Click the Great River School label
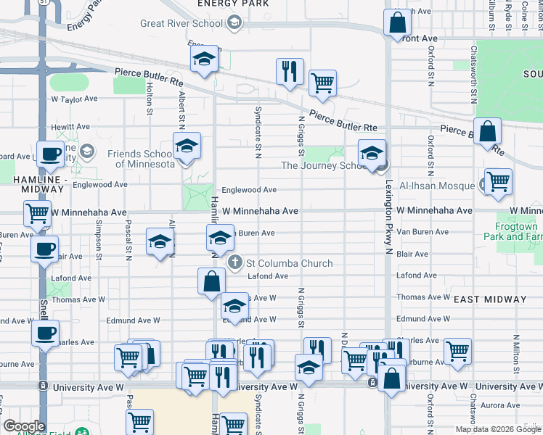(x=181, y=23)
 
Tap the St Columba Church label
(x=289, y=263)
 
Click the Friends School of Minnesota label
(x=141, y=159)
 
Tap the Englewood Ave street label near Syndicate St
(x=249, y=190)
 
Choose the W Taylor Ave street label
(x=74, y=99)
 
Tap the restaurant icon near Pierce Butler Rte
(x=290, y=72)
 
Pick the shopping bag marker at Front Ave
(x=399, y=22)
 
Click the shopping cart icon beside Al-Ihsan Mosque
(x=497, y=182)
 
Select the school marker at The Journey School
(x=372, y=154)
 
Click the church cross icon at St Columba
(x=234, y=262)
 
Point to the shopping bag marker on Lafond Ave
(x=211, y=281)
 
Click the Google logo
(x=24, y=426)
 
